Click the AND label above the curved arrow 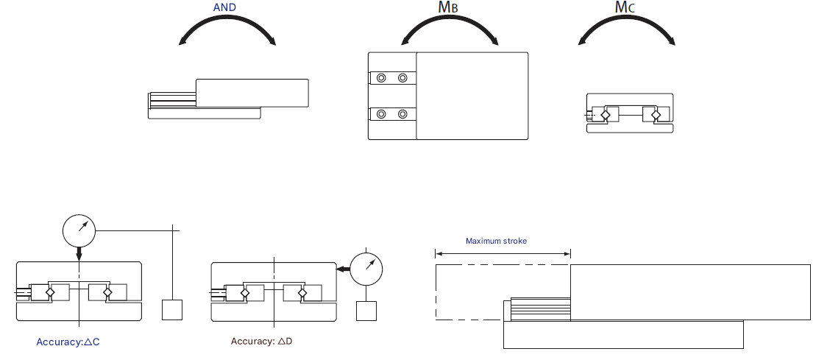pos(225,7)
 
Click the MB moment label pos(449,8)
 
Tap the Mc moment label pos(625,8)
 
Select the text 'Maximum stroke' pos(496,241)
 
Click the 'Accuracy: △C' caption pos(67,342)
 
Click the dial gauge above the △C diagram pos(79,230)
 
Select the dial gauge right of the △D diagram pos(368,269)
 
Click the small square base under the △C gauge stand pos(171,309)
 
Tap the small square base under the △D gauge pos(366,311)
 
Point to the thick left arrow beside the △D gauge pos(342,270)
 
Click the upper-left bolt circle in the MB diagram pos(380,78)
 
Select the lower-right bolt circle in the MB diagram pos(402,114)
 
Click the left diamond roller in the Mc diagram pos(606,115)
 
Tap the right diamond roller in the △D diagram pos(302,292)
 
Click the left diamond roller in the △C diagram pos(51,292)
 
